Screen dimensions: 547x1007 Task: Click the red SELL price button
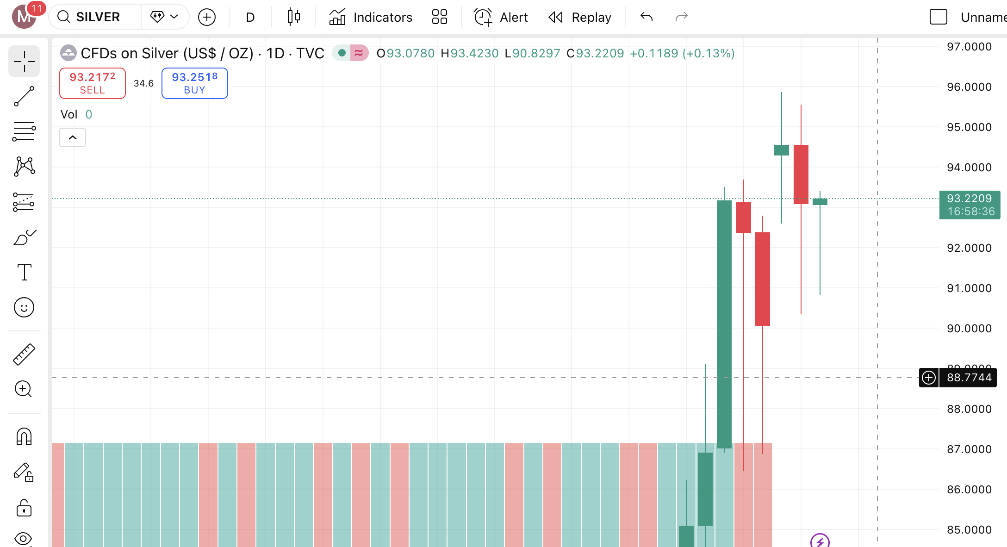pyautogui.click(x=92, y=83)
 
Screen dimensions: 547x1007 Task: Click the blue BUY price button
pyautogui.click(x=194, y=83)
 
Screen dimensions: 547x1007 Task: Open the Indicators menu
pyautogui.click(x=371, y=17)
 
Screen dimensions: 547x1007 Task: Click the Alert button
pyautogui.click(x=501, y=17)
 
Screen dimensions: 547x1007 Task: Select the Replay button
pyautogui.click(x=580, y=17)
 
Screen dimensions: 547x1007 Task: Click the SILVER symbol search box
pyautogui.click(x=97, y=17)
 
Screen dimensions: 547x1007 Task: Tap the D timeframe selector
pyautogui.click(x=250, y=17)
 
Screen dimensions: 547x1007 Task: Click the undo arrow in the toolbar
pyautogui.click(x=646, y=17)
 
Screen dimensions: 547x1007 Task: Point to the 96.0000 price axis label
pyautogui.click(x=969, y=87)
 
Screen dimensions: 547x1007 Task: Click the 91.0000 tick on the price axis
pyautogui.click(x=969, y=288)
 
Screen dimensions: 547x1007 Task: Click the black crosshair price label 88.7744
pyautogui.click(x=969, y=378)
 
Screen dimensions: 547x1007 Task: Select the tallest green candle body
pyautogui.click(x=724, y=324)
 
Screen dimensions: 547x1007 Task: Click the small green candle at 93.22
pyautogui.click(x=820, y=202)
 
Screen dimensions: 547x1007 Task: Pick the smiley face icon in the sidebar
pyautogui.click(x=24, y=307)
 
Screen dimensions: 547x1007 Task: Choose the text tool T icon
pyautogui.click(x=24, y=272)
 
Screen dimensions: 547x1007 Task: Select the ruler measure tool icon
pyautogui.click(x=24, y=354)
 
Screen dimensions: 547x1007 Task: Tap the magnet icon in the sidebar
pyautogui.click(x=24, y=436)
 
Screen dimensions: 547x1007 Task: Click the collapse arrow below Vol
pyautogui.click(x=73, y=137)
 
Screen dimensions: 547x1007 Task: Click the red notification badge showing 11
pyautogui.click(x=36, y=8)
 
